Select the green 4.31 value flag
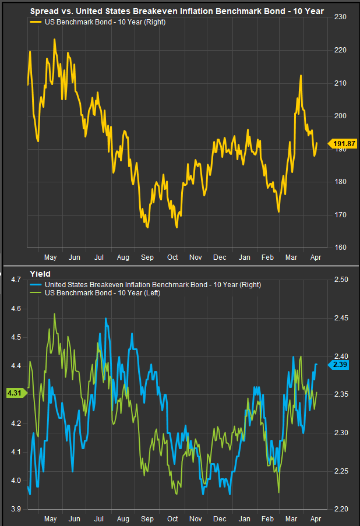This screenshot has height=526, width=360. click(13, 393)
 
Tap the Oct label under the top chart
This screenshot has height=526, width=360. click(172, 257)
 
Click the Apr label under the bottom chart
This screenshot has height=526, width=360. click(315, 518)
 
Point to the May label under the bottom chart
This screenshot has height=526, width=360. click(50, 518)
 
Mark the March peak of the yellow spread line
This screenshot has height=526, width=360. click(300, 76)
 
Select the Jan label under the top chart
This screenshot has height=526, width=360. click(245, 257)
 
